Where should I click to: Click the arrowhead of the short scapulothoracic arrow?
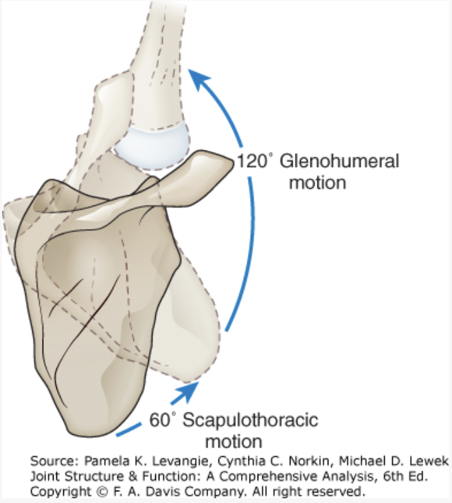coord(190,391)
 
